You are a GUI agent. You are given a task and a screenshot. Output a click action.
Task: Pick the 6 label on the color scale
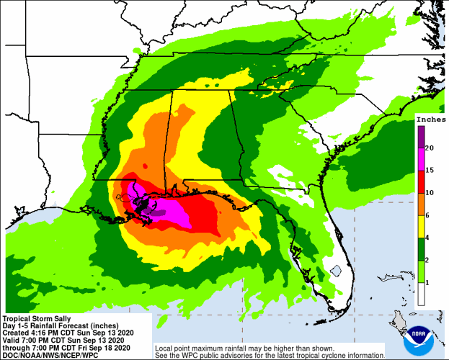[430, 215]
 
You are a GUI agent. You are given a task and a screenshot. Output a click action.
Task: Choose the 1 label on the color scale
[430, 283]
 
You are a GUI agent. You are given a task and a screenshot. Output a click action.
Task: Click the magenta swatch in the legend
[420, 159]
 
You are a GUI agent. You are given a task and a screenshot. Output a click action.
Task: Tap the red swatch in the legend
[420, 181]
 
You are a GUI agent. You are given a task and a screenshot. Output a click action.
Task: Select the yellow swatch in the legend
[420, 227]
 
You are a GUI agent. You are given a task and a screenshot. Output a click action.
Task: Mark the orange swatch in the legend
[420, 204]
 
